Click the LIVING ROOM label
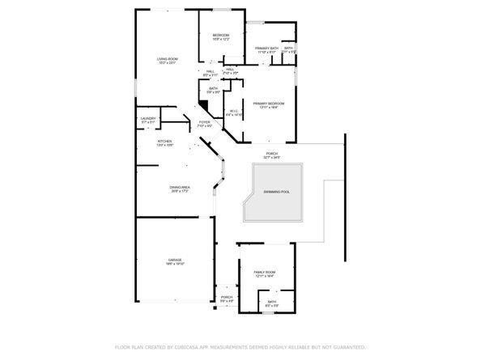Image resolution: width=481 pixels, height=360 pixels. click(168, 59)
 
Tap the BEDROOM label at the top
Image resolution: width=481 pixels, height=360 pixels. click(221, 36)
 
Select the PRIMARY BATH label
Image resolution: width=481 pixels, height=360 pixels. click(267, 49)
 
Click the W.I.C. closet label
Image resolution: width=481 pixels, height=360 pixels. click(233, 111)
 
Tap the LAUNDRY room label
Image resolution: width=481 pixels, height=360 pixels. click(148, 119)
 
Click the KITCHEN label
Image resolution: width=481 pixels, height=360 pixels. click(165, 142)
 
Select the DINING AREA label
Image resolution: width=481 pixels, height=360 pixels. click(180, 187)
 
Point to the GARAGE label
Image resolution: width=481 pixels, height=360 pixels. click(174, 259)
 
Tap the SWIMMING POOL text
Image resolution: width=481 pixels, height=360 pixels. click(275, 192)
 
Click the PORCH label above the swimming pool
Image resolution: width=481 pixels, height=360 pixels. click(273, 153)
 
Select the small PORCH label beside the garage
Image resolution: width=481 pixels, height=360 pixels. click(227, 297)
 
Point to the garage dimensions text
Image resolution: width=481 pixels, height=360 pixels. click(174, 264)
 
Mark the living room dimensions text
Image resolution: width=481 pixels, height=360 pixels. click(168, 64)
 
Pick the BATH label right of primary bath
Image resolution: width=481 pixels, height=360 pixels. click(289, 49)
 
